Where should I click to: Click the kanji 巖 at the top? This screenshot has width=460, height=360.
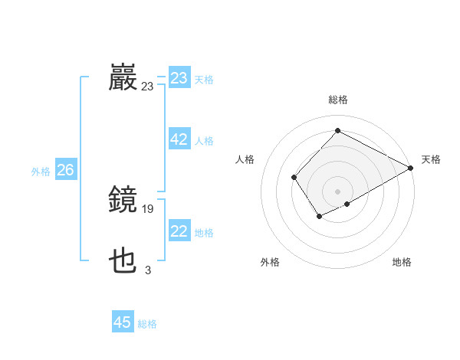click(x=123, y=78)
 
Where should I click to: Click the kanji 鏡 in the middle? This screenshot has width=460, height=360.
click(x=123, y=200)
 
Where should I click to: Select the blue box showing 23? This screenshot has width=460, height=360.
click(x=179, y=78)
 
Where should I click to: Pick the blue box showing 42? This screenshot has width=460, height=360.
click(x=179, y=139)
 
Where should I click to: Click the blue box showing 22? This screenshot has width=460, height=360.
click(x=179, y=231)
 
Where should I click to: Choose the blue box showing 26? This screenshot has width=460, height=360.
click(x=65, y=170)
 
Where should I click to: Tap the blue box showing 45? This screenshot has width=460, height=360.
click(x=123, y=322)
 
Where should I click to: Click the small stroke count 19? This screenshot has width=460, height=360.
click(x=148, y=208)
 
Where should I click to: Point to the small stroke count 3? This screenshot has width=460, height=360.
click(x=148, y=270)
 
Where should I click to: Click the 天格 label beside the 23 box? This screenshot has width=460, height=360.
click(x=204, y=80)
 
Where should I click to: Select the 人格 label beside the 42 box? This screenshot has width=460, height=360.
click(x=204, y=141)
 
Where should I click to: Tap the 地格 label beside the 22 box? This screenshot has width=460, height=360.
click(x=204, y=233)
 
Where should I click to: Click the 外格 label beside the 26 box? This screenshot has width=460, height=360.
click(x=41, y=172)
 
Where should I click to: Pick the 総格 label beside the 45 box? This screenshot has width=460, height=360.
click(x=147, y=324)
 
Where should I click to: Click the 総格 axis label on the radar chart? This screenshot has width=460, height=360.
click(x=337, y=100)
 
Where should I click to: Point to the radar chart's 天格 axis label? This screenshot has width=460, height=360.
click(x=431, y=159)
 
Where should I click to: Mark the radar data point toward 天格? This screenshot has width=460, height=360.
click(x=411, y=168)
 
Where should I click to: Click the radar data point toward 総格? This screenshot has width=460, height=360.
click(x=337, y=130)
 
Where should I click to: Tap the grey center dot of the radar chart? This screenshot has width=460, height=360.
click(x=337, y=191)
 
